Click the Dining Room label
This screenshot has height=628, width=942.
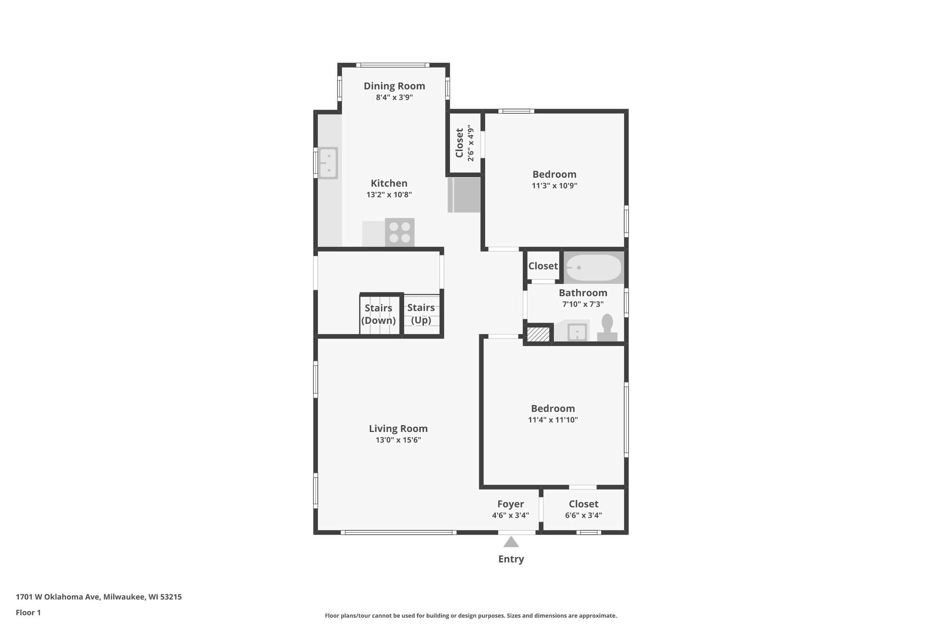(x=394, y=86)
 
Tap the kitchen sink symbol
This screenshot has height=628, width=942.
(x=328, y=163)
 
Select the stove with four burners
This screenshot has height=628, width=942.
(x=400, y=232)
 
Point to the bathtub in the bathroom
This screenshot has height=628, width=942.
(x=593, y=267)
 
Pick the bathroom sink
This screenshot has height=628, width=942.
(x=577, y=332)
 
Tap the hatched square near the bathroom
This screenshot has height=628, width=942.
(x=539, y=334)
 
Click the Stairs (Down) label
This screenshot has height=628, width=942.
(x=379, y=314)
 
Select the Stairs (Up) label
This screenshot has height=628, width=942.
(x=421, y=314)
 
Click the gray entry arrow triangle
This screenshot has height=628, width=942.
(x=511, y=542)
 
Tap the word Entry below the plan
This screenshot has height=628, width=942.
(x=511, y=559)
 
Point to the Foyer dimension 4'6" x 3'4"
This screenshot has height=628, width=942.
(x=511, y=516)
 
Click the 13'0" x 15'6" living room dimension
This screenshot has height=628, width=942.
(x=398, y=440)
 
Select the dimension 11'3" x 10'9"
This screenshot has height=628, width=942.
(x=554, y=186)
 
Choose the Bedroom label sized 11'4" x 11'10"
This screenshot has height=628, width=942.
(x=553, y=409)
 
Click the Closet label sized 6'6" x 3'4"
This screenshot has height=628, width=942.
(x=583, y=504)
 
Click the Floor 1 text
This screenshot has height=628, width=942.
(x=28, y=612)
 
